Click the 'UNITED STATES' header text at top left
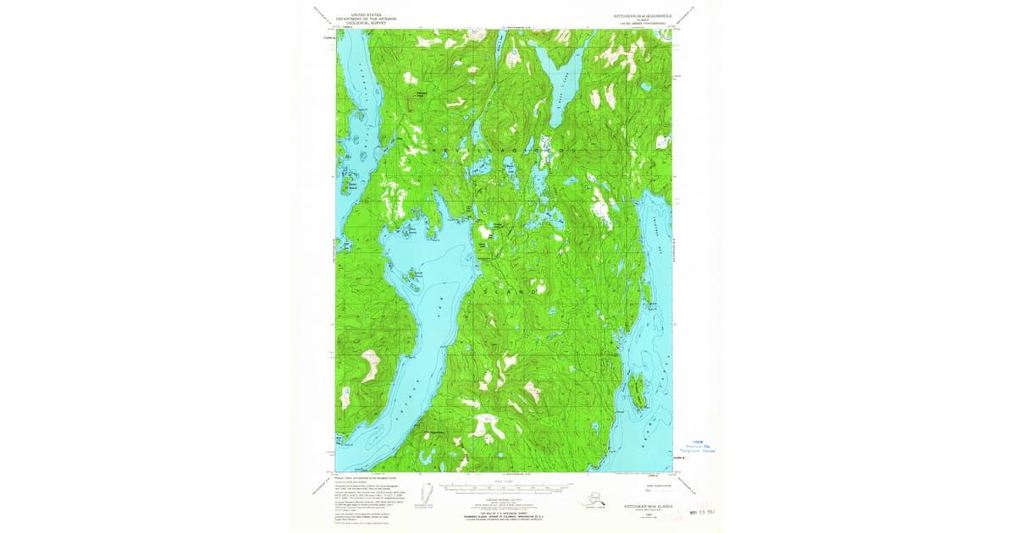[366, 14]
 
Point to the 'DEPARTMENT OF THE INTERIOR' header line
[366, 19]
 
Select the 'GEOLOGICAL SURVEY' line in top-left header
[366, 23]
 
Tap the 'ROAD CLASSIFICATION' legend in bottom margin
[650, 485]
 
